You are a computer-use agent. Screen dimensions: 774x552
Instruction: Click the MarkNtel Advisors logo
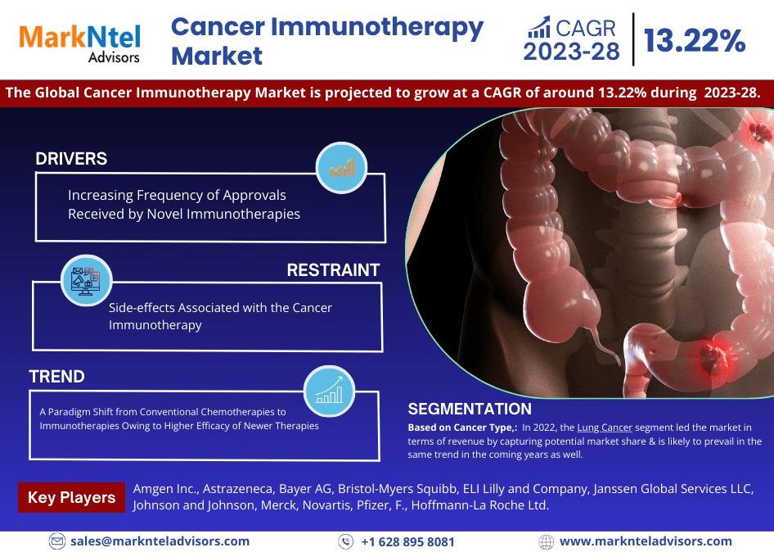[80, 43]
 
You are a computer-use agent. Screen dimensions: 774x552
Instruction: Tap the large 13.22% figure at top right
[694, 40]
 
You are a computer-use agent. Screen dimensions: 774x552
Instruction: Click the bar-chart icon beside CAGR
[539, 27]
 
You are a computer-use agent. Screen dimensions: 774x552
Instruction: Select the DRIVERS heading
[71, 159]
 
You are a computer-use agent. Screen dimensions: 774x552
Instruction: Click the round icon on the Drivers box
[341, 168]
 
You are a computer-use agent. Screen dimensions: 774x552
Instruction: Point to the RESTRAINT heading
[333, 269]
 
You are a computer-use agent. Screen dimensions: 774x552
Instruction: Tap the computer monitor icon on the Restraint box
[87, 281]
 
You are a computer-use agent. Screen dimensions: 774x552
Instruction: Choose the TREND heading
[56, 377]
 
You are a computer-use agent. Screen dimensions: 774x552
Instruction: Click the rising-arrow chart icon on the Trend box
[329, 391]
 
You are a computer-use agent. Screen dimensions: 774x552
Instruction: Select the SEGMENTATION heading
[470, 409]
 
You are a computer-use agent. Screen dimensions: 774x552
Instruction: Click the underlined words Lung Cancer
[605, 428]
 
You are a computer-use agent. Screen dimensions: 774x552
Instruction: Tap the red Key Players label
[71, 497]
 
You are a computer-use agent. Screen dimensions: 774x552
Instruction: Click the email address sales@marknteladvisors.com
[160, 541]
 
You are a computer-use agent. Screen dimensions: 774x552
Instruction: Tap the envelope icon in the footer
[57, 541]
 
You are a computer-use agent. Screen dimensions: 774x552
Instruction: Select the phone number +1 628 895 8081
[407, 541]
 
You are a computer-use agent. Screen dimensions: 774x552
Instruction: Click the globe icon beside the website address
[546, 541]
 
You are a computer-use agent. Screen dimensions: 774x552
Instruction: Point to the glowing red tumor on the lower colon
[713, 357]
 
